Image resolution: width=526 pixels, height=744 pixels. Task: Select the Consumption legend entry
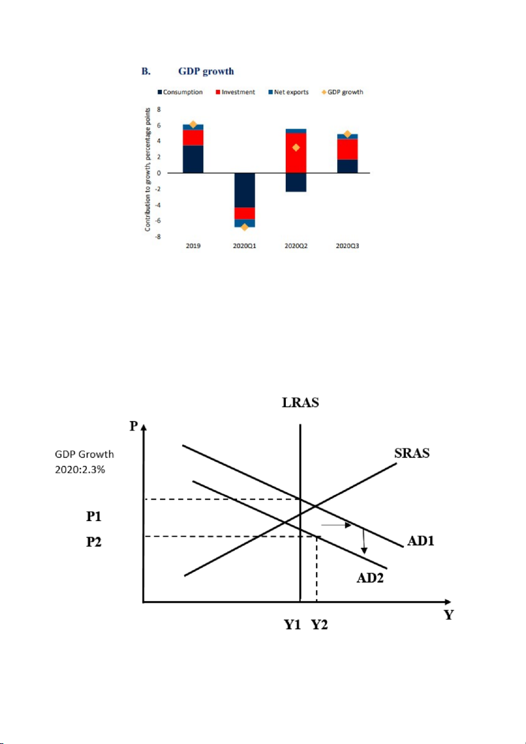coord(180,92)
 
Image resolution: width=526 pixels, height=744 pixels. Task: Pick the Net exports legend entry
coord(289,92)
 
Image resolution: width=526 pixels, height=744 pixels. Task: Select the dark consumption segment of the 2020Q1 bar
coord(245,190)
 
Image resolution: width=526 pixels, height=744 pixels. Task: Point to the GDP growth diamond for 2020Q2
coord(296,148)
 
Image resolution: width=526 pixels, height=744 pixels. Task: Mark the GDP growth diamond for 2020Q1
coord(245,227)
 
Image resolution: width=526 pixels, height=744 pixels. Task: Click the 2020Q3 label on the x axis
coord(347,246)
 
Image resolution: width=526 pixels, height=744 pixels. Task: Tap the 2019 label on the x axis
coord(193,246)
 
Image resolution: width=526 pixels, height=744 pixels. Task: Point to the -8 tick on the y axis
coord(159,237)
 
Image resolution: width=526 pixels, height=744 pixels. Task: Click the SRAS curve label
coord(411,454)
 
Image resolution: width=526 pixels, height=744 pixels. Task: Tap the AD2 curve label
coord(370,578)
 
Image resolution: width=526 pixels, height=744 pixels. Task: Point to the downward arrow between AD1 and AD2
coord(364,541)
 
